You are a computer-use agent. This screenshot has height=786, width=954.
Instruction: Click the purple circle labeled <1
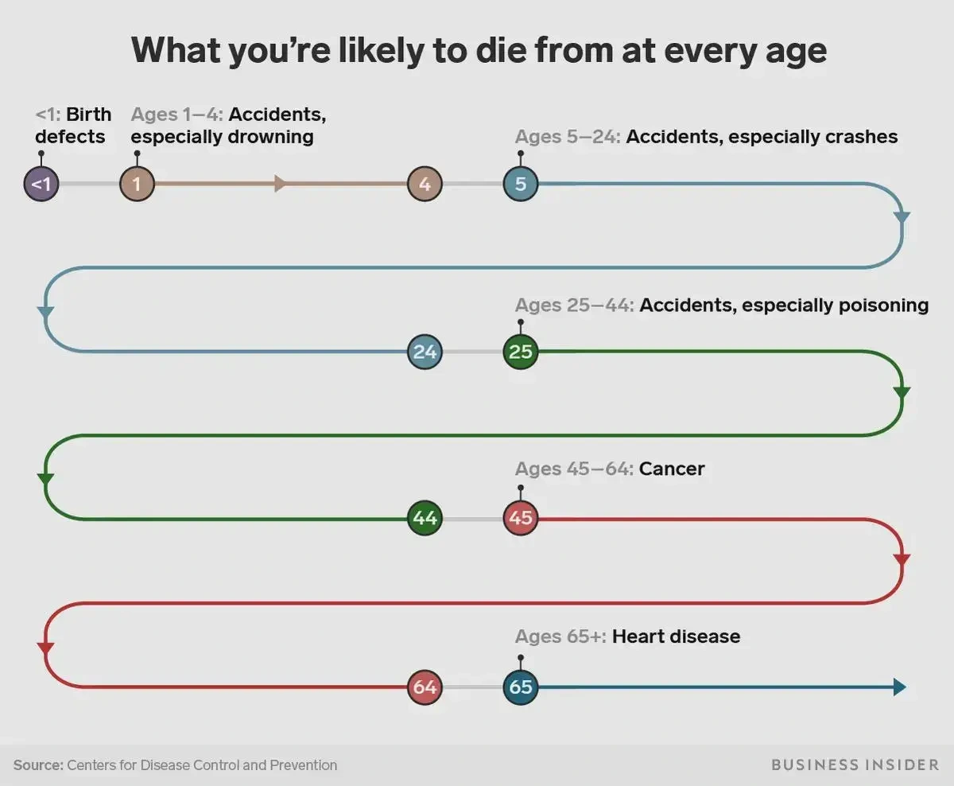[41, 185]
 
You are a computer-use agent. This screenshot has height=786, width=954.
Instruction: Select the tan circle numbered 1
[137, 185]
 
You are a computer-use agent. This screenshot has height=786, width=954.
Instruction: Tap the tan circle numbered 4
[425, 185]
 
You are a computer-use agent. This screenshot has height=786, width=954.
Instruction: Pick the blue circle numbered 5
[521, 185]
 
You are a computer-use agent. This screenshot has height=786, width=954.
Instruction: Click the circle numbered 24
[425, 352]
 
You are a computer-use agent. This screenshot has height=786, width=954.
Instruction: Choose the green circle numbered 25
[521, 352]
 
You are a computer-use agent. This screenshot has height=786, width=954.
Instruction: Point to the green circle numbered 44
[425, 519]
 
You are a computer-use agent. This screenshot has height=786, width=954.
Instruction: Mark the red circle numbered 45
[521, 519]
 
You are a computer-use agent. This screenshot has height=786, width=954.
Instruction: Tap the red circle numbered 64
[425, 687]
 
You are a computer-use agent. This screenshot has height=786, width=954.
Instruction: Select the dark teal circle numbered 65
[521, 687]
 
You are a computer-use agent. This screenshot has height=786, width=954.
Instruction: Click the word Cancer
[672, 469]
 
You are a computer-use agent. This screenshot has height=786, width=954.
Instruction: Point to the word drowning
[270, 137]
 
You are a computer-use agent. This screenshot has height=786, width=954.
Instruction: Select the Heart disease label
[676, 636]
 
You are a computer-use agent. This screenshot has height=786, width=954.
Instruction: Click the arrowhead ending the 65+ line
[899, 687]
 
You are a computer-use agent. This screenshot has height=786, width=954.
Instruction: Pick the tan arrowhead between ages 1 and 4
[280, 185]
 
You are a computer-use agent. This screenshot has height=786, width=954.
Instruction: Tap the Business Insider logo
[855, 765]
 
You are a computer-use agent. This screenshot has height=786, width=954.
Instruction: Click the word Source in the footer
[37, 765]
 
